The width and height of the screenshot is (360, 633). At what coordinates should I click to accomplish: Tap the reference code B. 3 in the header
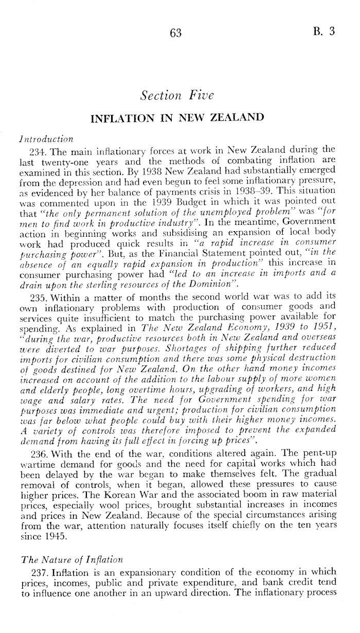[325, 31]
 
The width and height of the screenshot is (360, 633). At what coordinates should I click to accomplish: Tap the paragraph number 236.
[39, 455]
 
